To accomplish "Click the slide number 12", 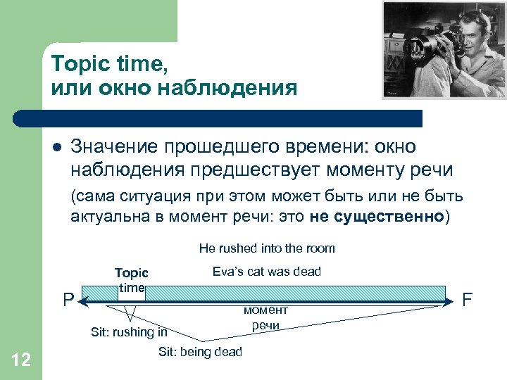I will (21, 361).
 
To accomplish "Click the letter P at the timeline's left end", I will (68, 300).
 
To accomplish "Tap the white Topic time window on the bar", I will (132, 293).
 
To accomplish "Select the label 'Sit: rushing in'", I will (129, 332).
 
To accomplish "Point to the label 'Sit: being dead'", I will (200, 351).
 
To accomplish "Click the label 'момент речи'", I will (265, 317).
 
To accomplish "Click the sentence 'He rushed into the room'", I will (267, 248).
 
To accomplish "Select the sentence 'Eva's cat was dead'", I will (266, 272).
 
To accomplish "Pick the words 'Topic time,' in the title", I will (107, 64).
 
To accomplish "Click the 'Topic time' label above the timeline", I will (132, 280).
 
